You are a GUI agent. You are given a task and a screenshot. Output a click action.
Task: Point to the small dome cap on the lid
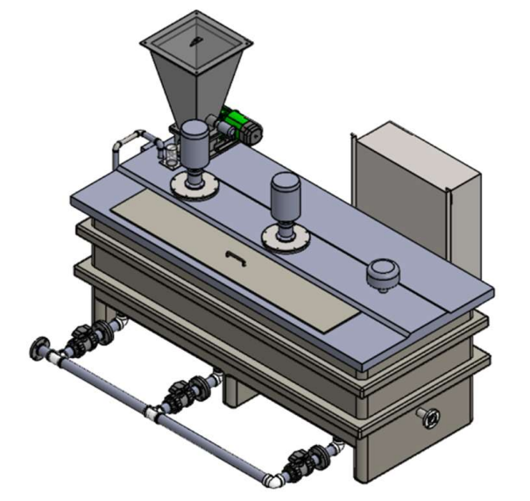382,273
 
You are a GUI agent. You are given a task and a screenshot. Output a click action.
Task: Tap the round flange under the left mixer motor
194,184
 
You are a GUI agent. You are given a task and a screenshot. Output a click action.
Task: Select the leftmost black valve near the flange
85,336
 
